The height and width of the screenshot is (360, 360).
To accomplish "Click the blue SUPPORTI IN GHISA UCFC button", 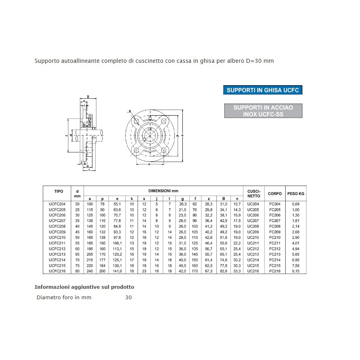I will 263,90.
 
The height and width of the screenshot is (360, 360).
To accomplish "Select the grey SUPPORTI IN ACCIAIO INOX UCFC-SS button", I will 263,111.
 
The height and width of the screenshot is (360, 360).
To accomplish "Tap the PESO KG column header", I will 296,194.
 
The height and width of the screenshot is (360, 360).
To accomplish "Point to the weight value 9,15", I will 296,271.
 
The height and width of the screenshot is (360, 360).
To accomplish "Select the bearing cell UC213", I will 253,254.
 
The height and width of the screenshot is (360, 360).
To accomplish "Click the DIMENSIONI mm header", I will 163,191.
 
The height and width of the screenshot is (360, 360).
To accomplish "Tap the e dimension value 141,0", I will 117,271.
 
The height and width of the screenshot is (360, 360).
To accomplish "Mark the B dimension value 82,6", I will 224,271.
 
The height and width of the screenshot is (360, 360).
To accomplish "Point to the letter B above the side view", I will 88,96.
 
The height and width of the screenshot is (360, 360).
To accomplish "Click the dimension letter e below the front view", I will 149,164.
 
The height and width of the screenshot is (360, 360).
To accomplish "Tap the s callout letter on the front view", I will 130,110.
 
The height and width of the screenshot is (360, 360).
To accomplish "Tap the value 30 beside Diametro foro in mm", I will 128,297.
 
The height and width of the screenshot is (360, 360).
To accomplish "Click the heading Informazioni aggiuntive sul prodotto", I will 84,287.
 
